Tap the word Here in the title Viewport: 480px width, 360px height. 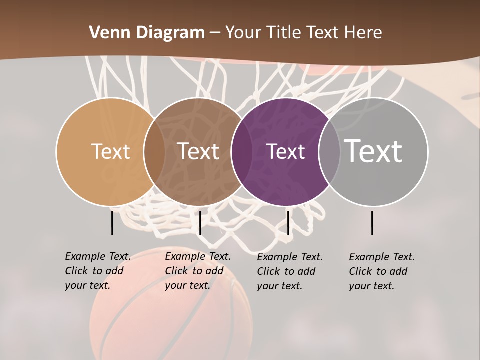pyautogui.click(x=363, y=33)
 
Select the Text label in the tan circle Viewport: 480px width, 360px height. pyautogui.click(x=110, y=151)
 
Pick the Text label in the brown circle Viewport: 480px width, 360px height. pyautogui.click(x=198, y=151)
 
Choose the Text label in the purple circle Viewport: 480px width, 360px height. pyautogui.click(x=285, y=151)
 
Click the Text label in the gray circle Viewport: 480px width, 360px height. pyautogui.click(x=373, y=151)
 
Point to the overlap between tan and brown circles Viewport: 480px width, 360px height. pyautogui.click(x=154, y=152)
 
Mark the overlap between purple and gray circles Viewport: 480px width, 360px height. pyautogui.click(x=329, y=152)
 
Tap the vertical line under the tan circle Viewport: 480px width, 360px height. pyautogui.click(x=112, y=223)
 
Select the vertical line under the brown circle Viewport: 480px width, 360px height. pyautogui.click(x=200, y=223)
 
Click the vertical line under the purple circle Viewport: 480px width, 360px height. pyautogui.click(x=288, y=223)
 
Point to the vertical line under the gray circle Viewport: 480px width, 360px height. pyautogui.click(x=372, y=223)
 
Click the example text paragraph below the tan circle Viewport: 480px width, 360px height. pyautogui.click(x=98, y=271)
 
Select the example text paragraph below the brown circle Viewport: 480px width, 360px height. pyautogui.click(x=198, y=271)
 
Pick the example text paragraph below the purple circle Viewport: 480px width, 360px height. pyautogui.click(x=290, y=271)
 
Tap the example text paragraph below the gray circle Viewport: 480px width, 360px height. pyautogui.click(x=382, y=271)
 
